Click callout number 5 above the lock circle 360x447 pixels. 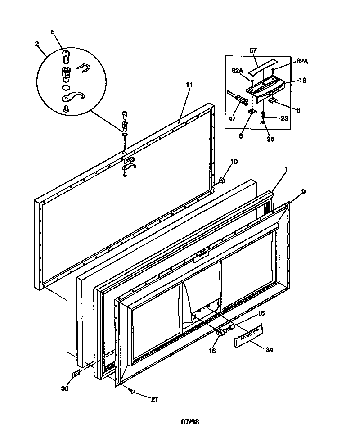pyautogui.click(x=53, y=32)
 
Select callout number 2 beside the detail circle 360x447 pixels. pyautogui.click(x=36, y=44)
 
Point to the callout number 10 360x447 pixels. pyautogui.click(x=234, y=162)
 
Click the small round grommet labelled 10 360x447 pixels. pyautogui.click(x=222, y=181)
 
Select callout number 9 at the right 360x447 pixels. pyautogui.click(x=303, y=192)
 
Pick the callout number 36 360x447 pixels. pyautogui.click(x=65, y=388)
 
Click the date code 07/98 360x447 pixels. pyautogui.click(x=190, y=422)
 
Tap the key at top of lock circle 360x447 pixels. pyautogui.click(x=66, y=57)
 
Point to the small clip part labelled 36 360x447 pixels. pyautogui.click(x=76, y=373)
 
